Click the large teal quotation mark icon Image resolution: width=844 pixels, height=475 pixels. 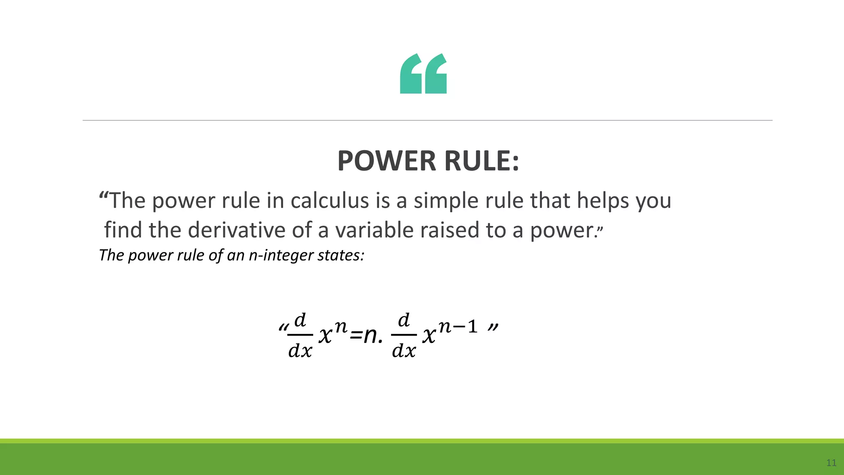pos(423,73)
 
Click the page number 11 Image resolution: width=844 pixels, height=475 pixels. pos(831,463)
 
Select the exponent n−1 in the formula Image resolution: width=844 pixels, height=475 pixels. pos(457,327)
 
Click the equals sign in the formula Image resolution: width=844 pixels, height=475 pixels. pos(356,336)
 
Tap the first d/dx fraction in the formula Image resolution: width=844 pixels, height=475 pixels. pos(300,335)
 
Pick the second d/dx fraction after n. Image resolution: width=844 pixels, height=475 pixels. pos(404,335)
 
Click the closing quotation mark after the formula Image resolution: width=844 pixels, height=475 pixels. pos(493,328)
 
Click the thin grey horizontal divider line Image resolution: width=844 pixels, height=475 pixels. pos(427,120)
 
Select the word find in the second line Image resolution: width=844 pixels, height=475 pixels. pos(123,230)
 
